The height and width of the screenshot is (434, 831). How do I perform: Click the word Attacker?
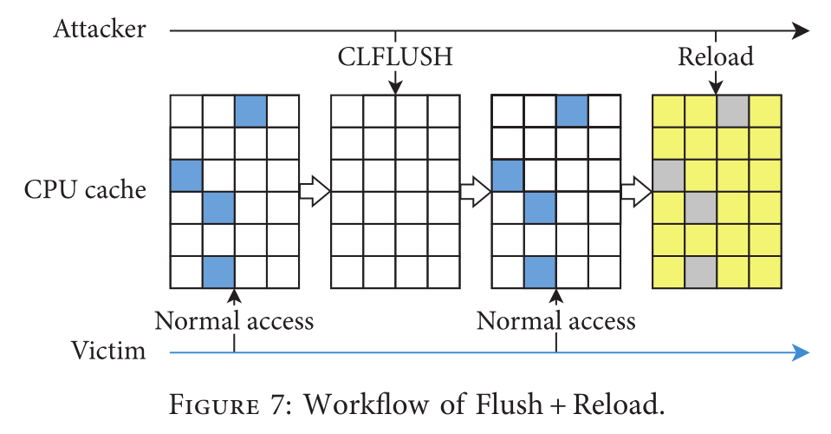[100, 30]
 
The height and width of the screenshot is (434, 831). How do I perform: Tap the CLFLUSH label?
[395, 57]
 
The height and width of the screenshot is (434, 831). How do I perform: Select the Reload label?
[715, 57]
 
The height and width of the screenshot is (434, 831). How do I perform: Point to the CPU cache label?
[86, 189]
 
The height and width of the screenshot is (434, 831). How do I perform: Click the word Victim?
[108, 352]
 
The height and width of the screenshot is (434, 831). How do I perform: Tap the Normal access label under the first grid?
[234, 321]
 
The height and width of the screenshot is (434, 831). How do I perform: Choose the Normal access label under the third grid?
[556, 321]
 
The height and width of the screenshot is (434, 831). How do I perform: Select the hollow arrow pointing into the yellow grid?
[636, 190]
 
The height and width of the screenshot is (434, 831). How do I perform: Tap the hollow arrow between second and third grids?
[476, 190]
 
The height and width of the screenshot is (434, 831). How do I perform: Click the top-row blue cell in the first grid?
[251, 111]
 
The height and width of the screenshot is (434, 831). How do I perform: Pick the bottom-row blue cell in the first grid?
[218, 272]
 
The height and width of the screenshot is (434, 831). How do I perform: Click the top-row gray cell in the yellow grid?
[732, 111]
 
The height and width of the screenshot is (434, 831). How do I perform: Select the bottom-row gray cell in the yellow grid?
[700, 272]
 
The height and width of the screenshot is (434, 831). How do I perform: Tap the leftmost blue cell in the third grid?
[508, 175]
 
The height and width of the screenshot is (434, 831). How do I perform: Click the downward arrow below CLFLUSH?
[395, 82]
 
